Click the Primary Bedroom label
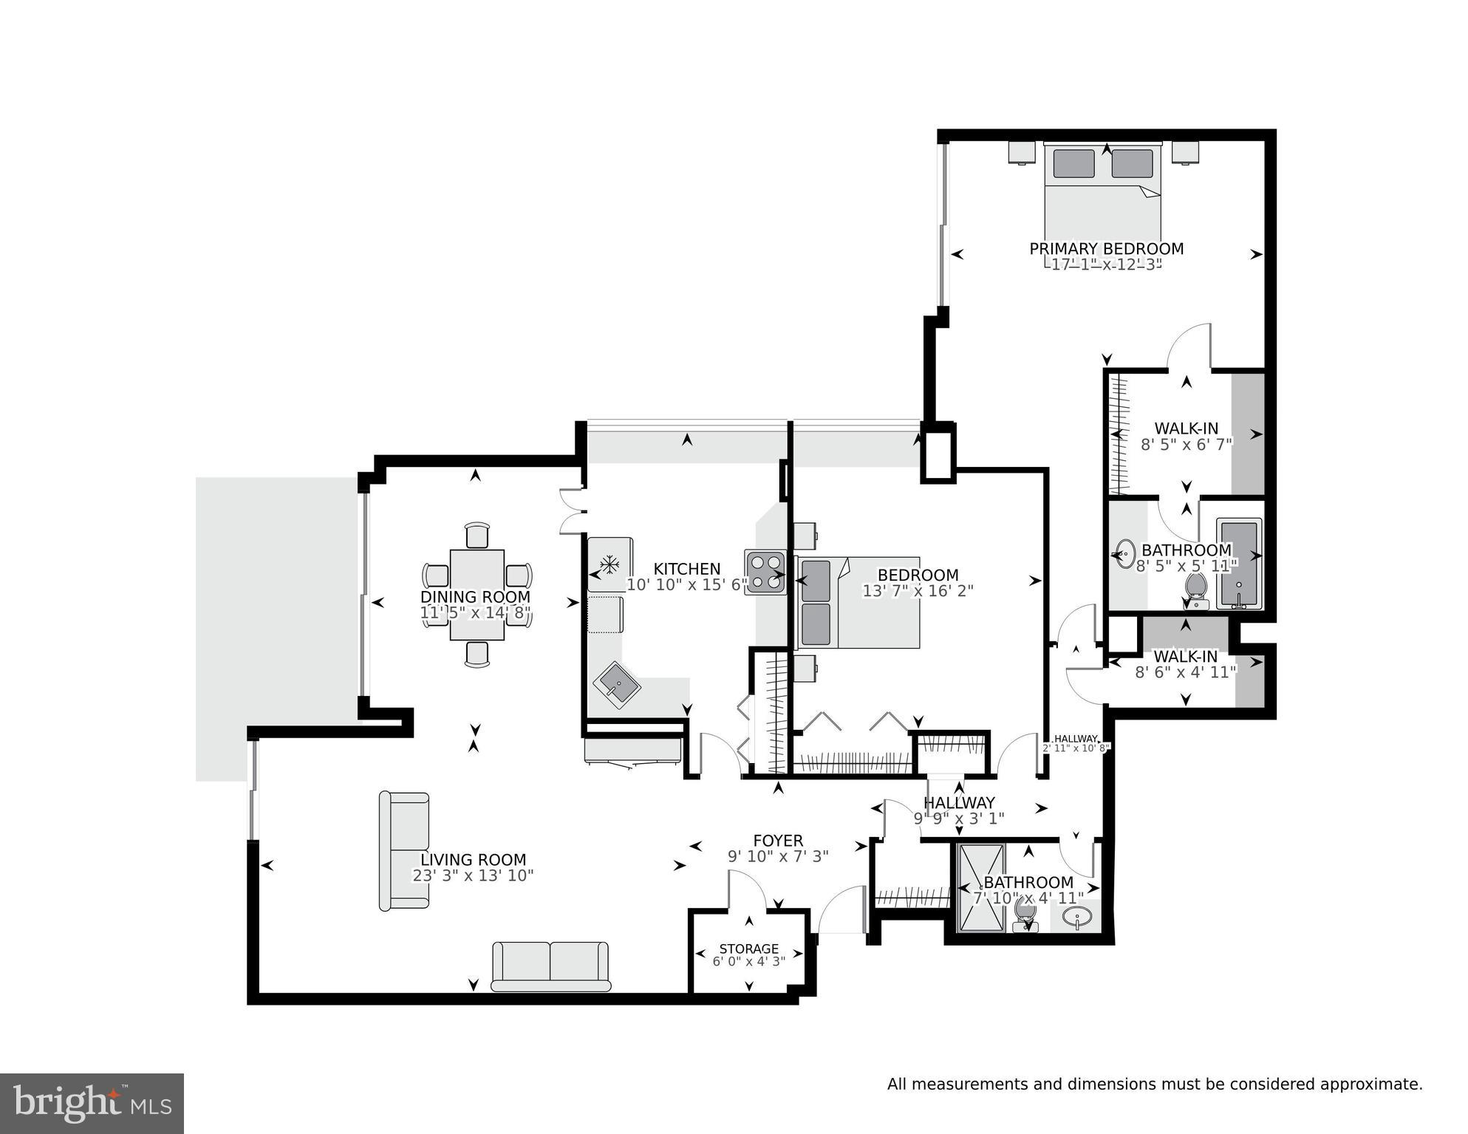[1106, 249]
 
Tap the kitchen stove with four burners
[765, 572]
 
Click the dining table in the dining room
[477, 595]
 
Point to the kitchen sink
[617, 685]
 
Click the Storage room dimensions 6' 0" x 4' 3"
[748, 962]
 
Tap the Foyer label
[777, 841]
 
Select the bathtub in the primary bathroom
[1238, 565]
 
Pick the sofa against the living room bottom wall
[550, 966]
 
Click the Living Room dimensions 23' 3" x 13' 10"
[473, 876]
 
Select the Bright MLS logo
[92, 1103]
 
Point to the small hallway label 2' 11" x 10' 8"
[1076, 748]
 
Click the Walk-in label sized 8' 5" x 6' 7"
[1186, 428]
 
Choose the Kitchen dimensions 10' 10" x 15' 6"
[686, 585]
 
